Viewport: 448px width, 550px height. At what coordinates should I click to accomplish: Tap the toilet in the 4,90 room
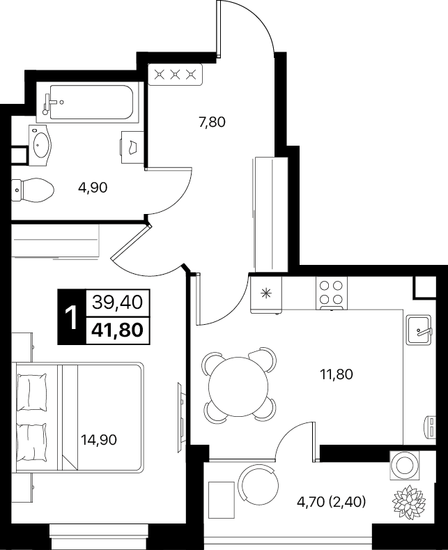(x=33, y=190)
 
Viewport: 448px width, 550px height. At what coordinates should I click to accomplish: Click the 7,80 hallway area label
(x=212, y=122)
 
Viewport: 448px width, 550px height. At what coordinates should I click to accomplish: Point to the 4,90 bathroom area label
(x=93, y=188)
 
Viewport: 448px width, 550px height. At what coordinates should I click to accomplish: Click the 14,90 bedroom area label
(x=98, y=439)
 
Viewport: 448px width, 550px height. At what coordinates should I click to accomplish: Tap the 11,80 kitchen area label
(x=337, y=374)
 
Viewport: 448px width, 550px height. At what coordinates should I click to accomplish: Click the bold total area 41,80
(x=118, y=330)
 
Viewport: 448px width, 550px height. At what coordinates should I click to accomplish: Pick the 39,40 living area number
(x=118, y=302)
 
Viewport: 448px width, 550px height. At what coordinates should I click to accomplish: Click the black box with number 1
(x=72, y=317)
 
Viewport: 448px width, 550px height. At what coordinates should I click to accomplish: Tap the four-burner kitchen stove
(x=331, y=293)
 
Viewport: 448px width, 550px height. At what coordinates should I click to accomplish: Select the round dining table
(x=238, y=387)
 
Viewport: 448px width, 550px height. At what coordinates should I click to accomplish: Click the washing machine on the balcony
(x=405, y=465)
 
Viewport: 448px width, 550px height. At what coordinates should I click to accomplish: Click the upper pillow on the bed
(x=32, y=392)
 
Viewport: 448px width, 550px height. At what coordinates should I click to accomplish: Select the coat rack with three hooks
(x=176, y=75)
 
